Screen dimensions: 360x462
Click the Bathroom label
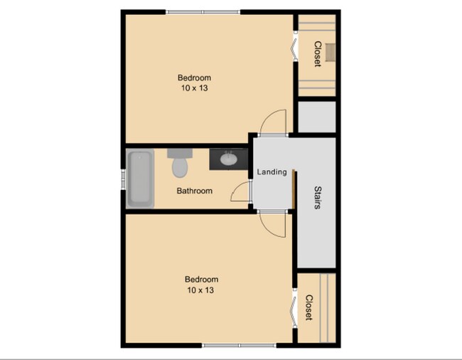[x=195, y=191]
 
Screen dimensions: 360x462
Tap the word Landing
[x=272, y=171]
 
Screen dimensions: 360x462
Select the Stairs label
[x=318, y=198]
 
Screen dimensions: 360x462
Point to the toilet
[x=180, y=164]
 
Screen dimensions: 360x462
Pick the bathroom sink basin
[x=229, y=159]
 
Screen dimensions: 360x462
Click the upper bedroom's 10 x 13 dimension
[x=194, y=88]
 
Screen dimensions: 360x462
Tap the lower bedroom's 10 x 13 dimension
[x=201, y=290]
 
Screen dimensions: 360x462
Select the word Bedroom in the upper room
[x=194, y=78]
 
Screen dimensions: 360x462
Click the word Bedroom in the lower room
[x=201, y=280]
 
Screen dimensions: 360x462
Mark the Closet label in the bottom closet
[x=309, y=308]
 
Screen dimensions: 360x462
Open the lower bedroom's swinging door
[x=272, y=225]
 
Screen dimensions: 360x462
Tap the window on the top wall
[x=203, y=12]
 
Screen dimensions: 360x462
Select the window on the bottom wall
[x=239, y=345]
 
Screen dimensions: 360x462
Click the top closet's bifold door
[x=294, y=48]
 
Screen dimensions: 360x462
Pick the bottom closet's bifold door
[x=294, y=306]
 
